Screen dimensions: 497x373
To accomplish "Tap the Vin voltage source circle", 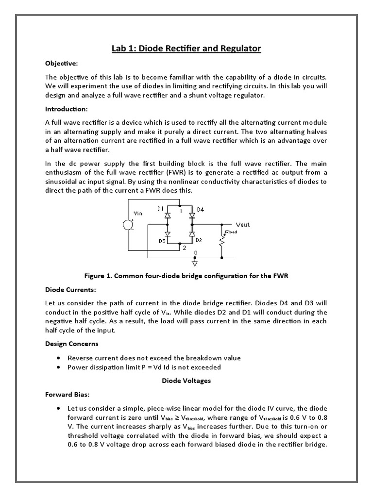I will tap(129, 226).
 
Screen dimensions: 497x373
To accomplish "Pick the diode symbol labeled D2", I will tap(191, 234).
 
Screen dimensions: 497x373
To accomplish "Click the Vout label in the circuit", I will tap(242, 225).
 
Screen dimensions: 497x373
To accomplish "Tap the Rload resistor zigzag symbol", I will tap(222, 241).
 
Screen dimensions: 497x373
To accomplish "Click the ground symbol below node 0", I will tap(195, 264).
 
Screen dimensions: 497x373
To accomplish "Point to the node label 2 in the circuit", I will tap(184, 248).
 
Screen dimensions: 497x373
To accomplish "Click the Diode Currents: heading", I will tap(70, 290).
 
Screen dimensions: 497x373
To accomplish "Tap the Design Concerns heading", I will tap(72, 344).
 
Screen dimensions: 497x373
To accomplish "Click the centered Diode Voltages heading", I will tap(186, 381).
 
